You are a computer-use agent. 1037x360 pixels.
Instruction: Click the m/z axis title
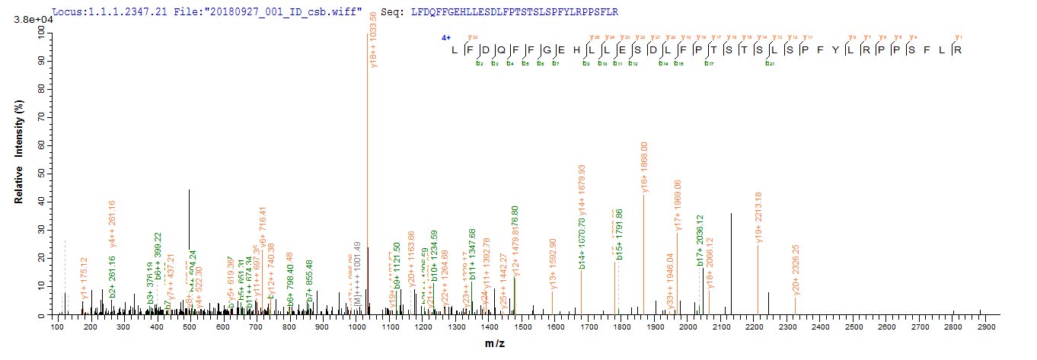tap(496, 344)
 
